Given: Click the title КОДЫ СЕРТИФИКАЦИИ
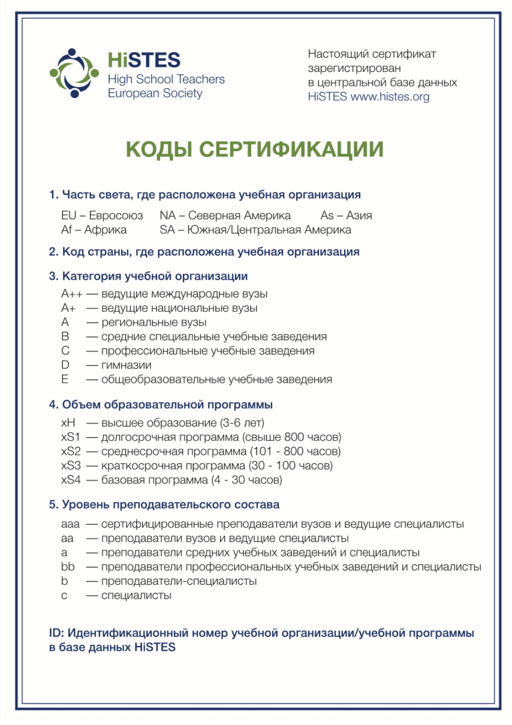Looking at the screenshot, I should (254, 149).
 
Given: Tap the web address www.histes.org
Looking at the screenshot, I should (390, 97).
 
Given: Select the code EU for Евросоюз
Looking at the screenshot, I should (69, 216).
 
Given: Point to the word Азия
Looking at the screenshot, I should (359, 216).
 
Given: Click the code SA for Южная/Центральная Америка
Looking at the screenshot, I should (167, 230).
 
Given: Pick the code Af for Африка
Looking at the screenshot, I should (67, 230).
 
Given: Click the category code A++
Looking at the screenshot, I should (72, 294).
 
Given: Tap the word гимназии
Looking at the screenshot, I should (126, 365).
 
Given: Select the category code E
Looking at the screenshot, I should (65, 380).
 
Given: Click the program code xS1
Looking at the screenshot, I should (70, 437).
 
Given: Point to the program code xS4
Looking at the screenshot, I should (70, 480).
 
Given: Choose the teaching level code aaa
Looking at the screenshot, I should (70, 524).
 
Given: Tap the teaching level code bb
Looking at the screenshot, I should (68, 567).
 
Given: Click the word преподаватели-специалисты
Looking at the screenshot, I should (179, 581).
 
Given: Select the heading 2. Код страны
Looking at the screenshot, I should (204, 252).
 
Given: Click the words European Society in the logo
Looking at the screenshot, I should (155, 93).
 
